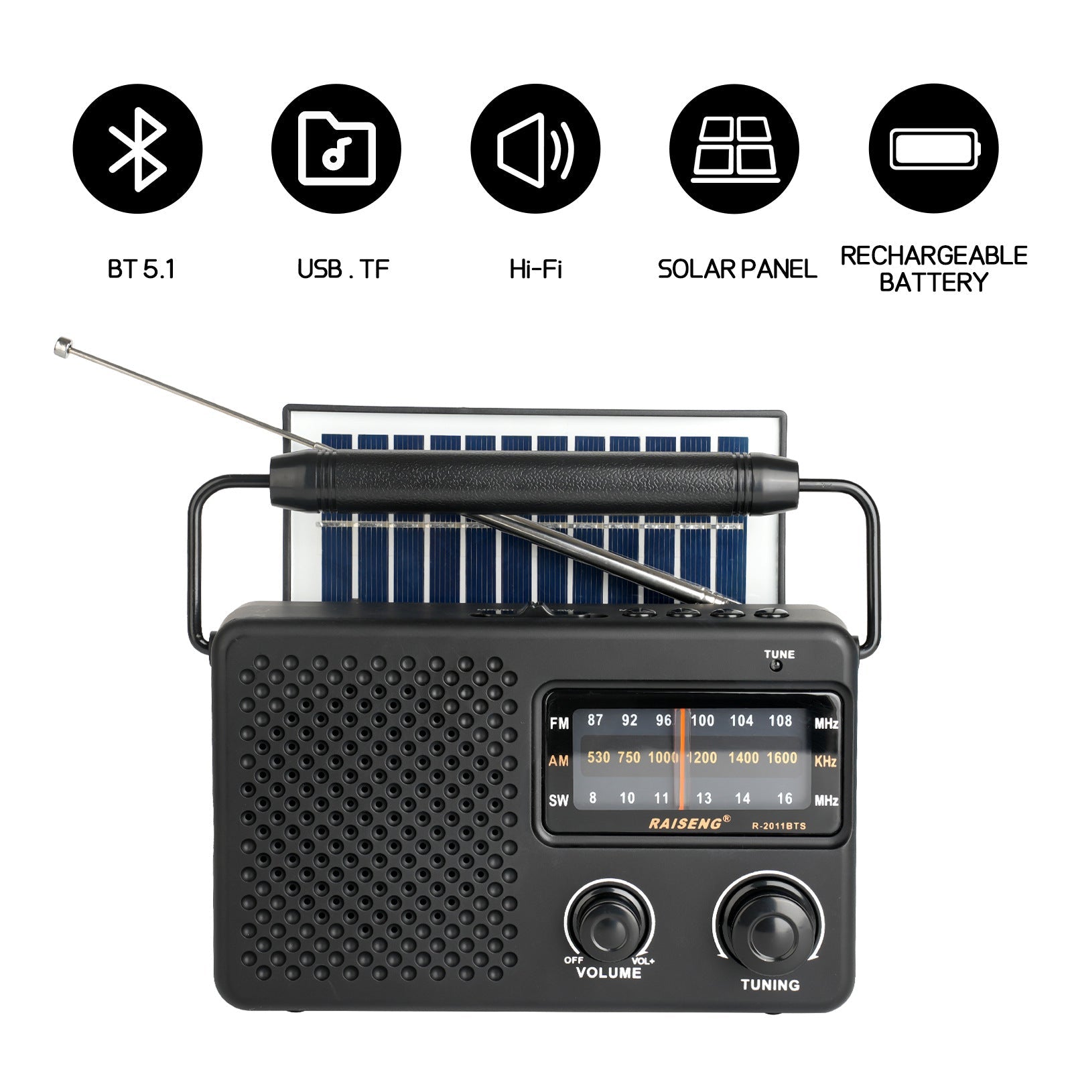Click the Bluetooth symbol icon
[137, 149]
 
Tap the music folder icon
[336, 149]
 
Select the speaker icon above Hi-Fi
[535, 149]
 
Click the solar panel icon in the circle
[734, 149]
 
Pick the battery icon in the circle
[933, 149]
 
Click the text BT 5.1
[141, 269]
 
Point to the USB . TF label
[343, 269]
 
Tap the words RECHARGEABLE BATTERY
[933, 269]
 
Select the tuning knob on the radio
[769, 925]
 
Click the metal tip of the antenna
[64, 346]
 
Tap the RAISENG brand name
[685, 823]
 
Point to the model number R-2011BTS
[779, 826]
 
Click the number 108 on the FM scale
[780, 721]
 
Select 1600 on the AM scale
[781, 758]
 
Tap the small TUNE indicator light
[776, 665]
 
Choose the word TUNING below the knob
[770, 985]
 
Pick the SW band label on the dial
[559, 800]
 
